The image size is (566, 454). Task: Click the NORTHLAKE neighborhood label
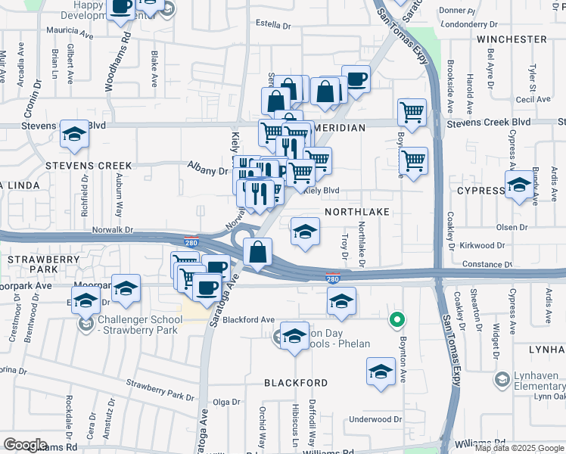point(356,213)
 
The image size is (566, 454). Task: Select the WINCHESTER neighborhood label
point(512,39)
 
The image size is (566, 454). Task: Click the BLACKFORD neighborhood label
point(295,383)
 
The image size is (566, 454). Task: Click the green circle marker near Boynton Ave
point(395,320)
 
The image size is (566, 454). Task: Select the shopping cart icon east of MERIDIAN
point(412,111)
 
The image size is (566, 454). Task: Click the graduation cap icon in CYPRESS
point(519,185)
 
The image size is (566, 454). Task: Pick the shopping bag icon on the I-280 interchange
point(258,252)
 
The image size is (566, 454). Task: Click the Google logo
point(25,445)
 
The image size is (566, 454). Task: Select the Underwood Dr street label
point(375,419)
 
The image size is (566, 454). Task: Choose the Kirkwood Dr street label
point(483,246)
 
